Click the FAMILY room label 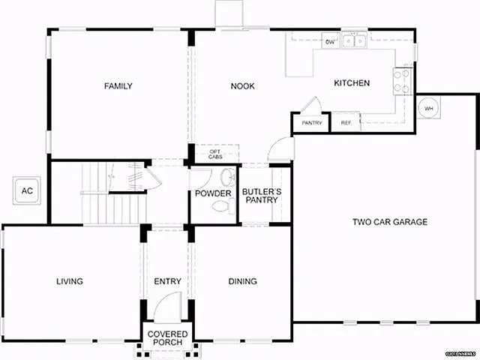click(118, 86)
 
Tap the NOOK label click(242, 86)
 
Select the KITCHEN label click(351, 83)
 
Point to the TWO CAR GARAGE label click(390, 222)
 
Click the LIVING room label click(69, 281)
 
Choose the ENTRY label click(167, 281)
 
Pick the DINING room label click(242, 281)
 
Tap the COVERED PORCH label click(167, 338)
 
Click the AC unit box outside click(27, 191)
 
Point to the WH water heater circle click(429, 109)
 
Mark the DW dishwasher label click(330, 43)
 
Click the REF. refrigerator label click(346, 123)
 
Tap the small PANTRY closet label click(311, 123)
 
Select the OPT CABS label click(214, 154)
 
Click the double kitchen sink click(355, 41)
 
